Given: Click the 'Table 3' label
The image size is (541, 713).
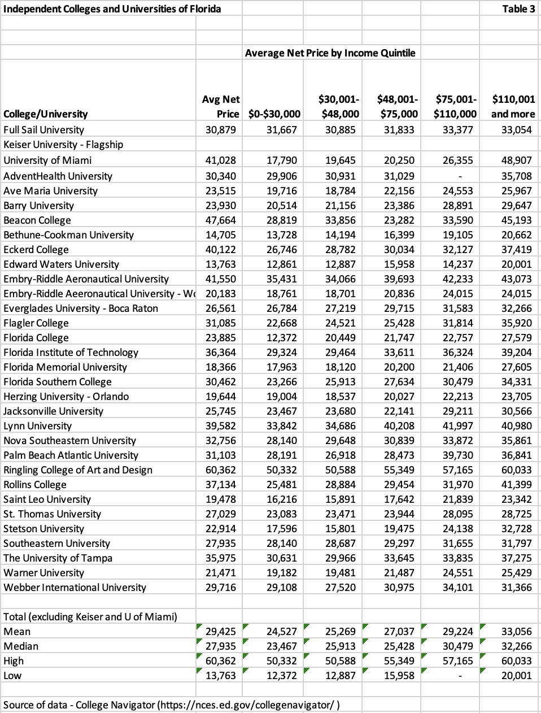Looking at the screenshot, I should point(518,8).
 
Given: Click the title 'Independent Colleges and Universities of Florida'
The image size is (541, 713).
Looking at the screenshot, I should point(112,8).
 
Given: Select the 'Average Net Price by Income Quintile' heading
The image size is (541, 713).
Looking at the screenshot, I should point(330,53).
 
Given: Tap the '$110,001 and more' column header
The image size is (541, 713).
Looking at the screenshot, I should point(513,106).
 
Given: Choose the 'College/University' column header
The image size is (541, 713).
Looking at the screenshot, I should point(46,114).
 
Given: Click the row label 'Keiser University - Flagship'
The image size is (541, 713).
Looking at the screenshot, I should point(63,145).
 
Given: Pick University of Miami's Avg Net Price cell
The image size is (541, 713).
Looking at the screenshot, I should point(220,160).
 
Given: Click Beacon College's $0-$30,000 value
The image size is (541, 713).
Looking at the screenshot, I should point(281,220).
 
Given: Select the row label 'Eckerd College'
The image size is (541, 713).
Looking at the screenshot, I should point(36,250).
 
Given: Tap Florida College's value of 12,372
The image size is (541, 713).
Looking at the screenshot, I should point(281,338).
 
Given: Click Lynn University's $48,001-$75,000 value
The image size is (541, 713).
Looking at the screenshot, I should point(398,426).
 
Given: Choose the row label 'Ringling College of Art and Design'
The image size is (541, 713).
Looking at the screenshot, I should point(78,470).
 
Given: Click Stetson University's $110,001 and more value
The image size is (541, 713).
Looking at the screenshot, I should point(516,529).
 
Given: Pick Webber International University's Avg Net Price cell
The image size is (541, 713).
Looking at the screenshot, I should point(220,588).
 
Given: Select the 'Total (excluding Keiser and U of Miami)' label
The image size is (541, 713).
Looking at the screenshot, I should point(90,617).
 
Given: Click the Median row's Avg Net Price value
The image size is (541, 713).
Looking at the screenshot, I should point(220,646).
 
